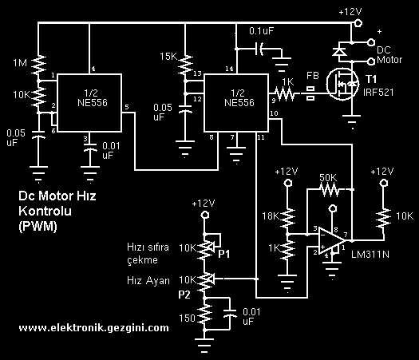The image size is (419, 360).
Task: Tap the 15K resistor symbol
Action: [x=186, y=61]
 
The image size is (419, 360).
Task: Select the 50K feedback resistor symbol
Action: [x=327, y=191]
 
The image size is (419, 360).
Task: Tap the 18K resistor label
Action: [x=271, y=216]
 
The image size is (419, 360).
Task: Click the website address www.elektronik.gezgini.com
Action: [x=93, y=327]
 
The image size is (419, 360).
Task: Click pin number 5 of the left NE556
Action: [x=127, y=106]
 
